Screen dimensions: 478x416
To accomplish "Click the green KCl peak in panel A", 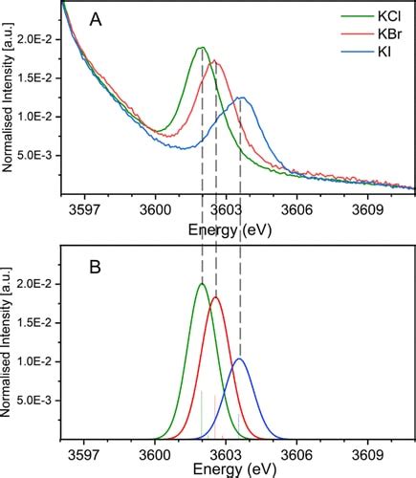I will point(202,48).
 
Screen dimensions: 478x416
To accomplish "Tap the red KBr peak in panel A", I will point(216,63).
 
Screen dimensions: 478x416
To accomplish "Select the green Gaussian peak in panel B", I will point(202,284).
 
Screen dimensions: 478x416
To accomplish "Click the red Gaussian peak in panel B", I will point(215,297).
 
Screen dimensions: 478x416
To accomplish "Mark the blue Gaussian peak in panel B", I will point(239,358).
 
